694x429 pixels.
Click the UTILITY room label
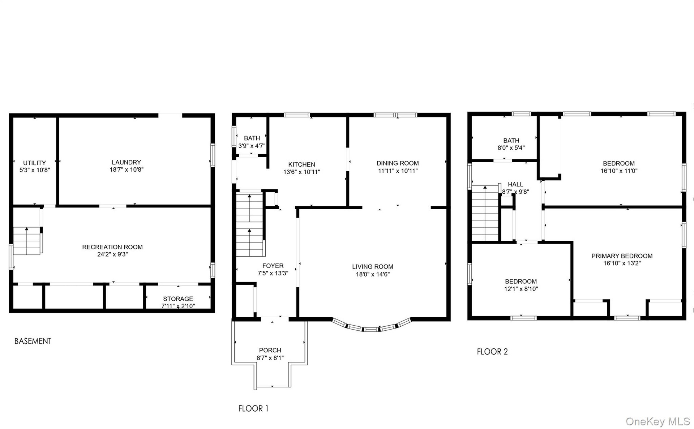coord(35,163)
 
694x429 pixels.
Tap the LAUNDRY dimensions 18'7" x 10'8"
coord(127,170)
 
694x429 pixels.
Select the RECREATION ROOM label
coord(112,247)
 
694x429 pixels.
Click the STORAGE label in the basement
coord(178,299)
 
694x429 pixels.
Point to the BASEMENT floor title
coord(33,341)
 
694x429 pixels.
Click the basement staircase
coord(27,241)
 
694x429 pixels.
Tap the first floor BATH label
coord(252,138)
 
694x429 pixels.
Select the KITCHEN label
coord(302,165)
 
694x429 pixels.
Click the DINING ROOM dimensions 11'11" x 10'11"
coord(398,171)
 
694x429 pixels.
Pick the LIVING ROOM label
coord(373,267)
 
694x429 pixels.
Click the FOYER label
coord(273,266)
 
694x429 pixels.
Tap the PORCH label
coord(270,351)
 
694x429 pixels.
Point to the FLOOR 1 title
coord(253,409)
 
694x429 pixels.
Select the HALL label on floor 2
coord(515,185)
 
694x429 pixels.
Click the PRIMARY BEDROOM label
coord(622,256)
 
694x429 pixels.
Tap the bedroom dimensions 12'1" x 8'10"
coord(521,289)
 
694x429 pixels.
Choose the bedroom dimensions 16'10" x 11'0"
coord(619,171)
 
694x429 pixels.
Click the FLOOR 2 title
coord(492,352)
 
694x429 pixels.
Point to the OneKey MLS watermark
coord(658,421)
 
